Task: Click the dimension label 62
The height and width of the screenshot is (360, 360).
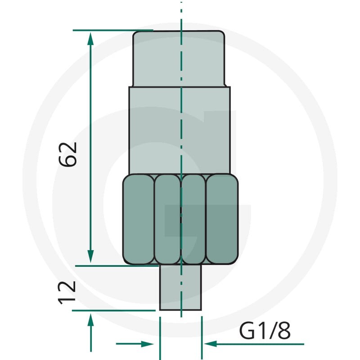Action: [67, 154]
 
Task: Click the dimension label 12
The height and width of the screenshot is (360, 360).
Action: [67, 292]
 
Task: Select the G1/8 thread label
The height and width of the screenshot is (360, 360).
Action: [265, 331]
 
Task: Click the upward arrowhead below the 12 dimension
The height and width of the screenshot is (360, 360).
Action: [91, 319]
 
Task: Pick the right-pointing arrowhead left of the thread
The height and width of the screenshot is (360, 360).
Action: [147, 344]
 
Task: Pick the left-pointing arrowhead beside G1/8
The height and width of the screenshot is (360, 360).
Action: [210, 344]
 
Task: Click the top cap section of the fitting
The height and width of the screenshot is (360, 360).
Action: [179, 59]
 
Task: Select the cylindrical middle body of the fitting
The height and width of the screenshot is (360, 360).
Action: [180, 130]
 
